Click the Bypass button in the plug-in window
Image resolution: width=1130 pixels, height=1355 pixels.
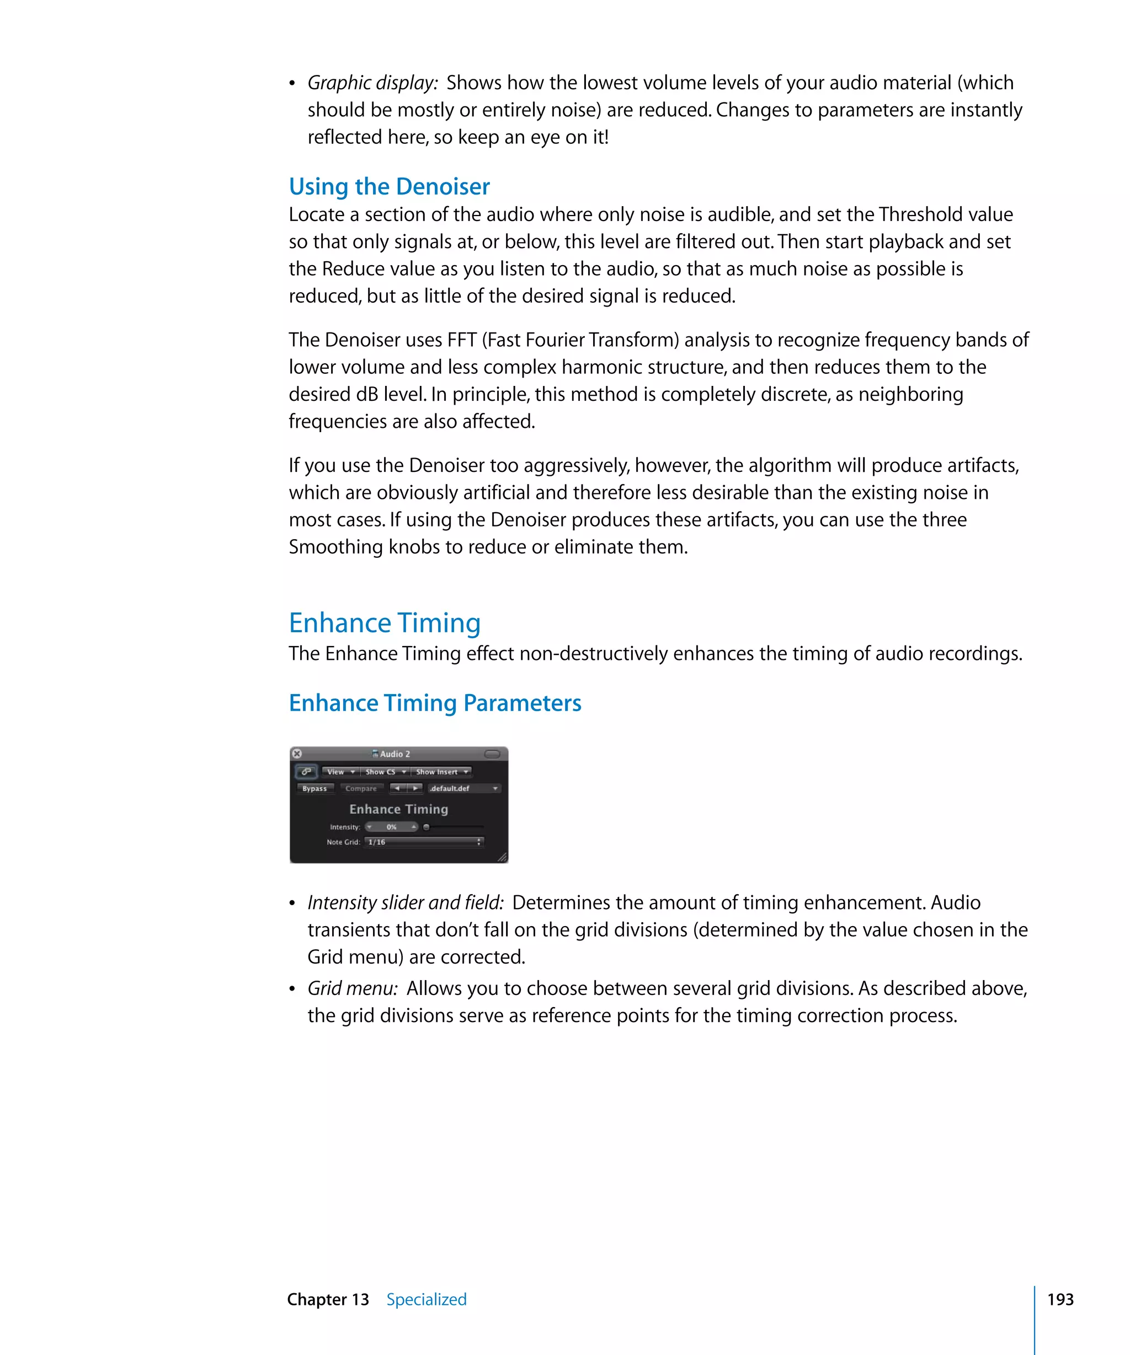click(x=315, y=788)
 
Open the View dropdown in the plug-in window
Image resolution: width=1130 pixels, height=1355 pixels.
click(x=340, y=772)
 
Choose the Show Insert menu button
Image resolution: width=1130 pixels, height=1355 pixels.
click(x=441, y=772)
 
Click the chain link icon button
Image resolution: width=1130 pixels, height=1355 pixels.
click(x=306, y=772)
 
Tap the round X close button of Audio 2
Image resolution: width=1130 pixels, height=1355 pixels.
click(x=297, y=754)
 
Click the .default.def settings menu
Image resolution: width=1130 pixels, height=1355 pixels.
click(x=464, y=788)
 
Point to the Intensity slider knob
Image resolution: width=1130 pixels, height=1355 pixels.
click(x=426, y=827)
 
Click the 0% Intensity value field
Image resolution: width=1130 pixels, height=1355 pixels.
click(x=391, y=827)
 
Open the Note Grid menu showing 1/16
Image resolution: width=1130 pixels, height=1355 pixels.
click(x=424, y=842)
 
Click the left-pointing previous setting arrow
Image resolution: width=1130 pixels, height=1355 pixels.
click(x=398, y=788)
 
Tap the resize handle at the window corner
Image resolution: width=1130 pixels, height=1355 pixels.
click(x=502, y=858)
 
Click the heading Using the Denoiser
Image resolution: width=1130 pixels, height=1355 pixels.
click(x=389, y=186)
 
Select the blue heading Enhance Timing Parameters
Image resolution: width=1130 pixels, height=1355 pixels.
click(x=435, y=703)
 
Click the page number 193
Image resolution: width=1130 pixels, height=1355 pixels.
click(x=1059, y=1299)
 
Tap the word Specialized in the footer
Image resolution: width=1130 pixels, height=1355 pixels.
click(x=426, y=1299)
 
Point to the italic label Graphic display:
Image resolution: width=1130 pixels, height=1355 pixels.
click(x=372, y=83)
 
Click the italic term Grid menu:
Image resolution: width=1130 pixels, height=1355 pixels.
click(x=352, y=988)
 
